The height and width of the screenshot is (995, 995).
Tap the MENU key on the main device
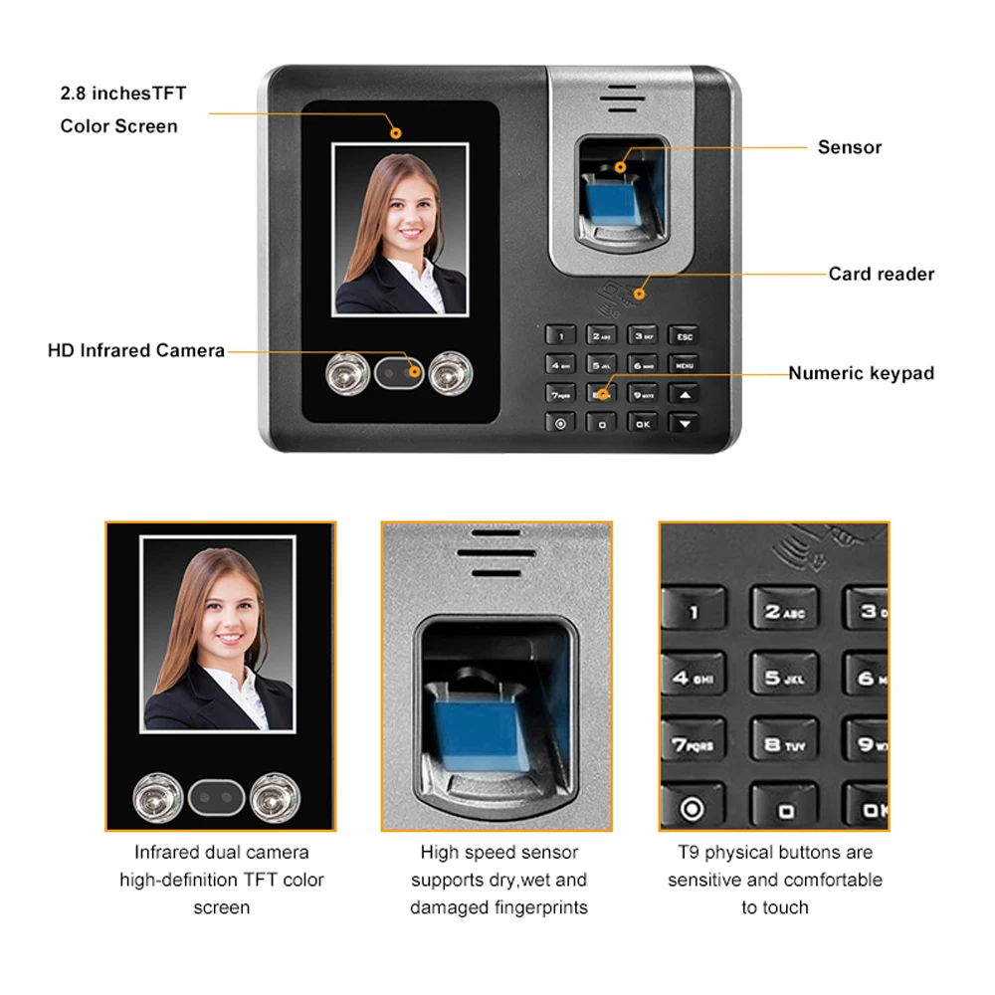(x=684, y=365)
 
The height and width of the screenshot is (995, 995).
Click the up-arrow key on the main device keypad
(x=684, y=394)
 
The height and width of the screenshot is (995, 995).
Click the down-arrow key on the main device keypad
(x=684, y=423)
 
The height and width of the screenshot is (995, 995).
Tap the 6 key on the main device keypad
(x=643, y=365)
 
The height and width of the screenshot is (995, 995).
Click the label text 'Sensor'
(x=849, y=147)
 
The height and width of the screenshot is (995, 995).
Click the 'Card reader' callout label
(x=881, y=274)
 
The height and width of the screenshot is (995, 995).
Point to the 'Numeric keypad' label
(x=861, y=373)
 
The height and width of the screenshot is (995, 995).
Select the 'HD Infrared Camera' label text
(x=136, y=350)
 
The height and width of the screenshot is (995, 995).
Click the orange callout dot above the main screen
(x=395, y=130)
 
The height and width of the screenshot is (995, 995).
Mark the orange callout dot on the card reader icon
(x=640, y=293)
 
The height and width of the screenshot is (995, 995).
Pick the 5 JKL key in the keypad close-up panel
(x=784, y=677)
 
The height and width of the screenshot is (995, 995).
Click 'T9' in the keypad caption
(x=689, y=853)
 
